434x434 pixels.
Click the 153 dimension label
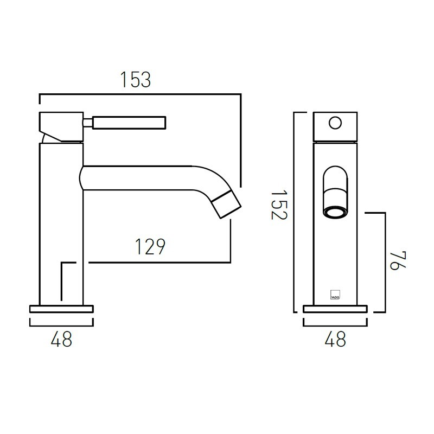(x=135, y=80)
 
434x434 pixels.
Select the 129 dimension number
(x=150, y=247)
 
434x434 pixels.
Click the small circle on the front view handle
(x=335, y=123)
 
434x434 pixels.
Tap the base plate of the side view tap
(x=61, y=309)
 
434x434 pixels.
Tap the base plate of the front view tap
(x=335, y=309)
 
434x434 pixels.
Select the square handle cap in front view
(x=335, y=126)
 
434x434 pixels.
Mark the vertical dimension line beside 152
(x=294, y=212)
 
